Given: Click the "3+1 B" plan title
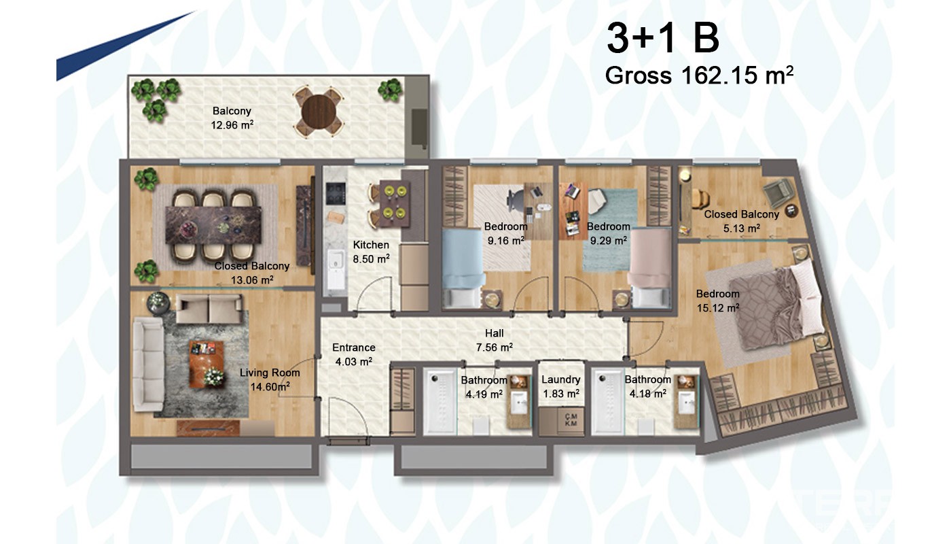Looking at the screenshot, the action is click(x=663, y=38).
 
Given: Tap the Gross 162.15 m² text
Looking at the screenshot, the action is click(x=699, y=75).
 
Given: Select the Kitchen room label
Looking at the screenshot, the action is click(x=371, y=245).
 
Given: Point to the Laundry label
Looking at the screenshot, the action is click(x=560, y=379).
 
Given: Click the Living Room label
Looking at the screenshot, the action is click(x=270, y=373).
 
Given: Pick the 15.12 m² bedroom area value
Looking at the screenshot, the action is click(x=718, y=307).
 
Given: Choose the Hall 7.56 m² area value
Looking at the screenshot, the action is click(x=495, y=347).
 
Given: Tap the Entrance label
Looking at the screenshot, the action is click(x=354, y=347).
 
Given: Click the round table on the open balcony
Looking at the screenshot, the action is click(x=319, y=113).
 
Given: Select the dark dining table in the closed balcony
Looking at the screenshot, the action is click(x=213, y=225).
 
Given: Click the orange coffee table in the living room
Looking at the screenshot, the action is click(x=207, y=364).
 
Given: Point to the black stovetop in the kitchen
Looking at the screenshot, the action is click(x=336, y=193).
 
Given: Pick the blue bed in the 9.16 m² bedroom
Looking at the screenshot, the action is click(x=463, y=268).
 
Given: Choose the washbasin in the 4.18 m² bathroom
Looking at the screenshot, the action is click(x=687, y=402).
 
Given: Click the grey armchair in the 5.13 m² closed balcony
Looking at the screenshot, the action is click(x=778, y=192).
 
